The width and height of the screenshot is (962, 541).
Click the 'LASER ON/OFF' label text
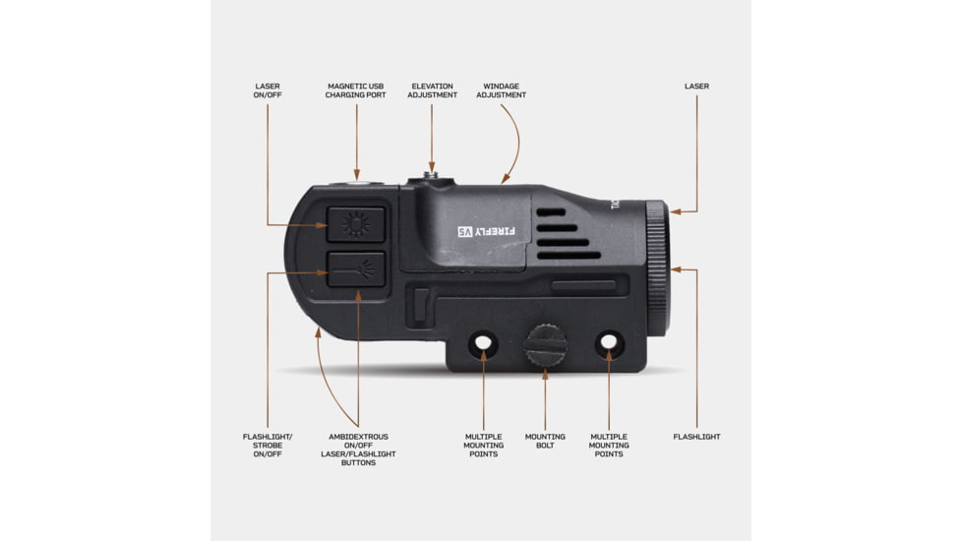268,90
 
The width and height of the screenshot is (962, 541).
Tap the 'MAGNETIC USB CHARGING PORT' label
356,90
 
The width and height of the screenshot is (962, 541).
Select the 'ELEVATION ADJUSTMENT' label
432,90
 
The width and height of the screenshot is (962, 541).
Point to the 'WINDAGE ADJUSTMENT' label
502,90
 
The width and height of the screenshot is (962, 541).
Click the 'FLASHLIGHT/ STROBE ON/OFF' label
268,446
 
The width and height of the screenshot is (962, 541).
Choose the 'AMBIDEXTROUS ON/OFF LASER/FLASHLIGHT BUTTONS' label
358,450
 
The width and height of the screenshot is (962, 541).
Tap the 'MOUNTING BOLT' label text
545,441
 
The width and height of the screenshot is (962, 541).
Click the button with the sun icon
356,224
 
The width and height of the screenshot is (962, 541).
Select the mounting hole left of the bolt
483,342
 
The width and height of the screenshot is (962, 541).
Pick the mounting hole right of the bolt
609,342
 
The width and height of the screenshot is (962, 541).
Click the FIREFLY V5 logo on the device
487,231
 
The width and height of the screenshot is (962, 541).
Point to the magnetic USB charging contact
357,182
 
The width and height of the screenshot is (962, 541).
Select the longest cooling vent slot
569,255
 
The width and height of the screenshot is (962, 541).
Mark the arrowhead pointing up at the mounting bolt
545,373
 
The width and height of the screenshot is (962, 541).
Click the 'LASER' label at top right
697,87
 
